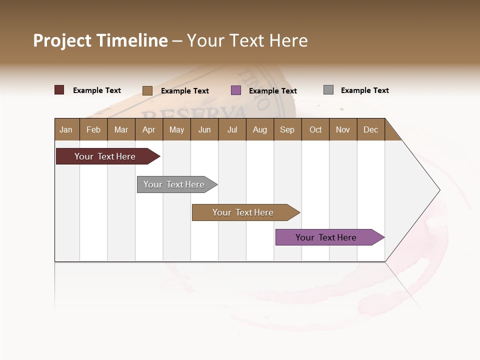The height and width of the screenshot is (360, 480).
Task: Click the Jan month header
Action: click(x=66, y=129)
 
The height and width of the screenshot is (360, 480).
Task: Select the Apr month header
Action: click(x=148, y=129)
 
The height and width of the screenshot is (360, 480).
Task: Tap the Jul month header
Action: click(x=232, y=129)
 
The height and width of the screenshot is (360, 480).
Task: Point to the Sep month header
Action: click(x=287, y=129)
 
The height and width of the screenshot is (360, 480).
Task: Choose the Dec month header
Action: click(x=370, y=129)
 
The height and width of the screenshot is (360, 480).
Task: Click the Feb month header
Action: click(x=93, y=129)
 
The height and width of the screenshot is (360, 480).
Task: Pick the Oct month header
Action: click(x=315, y=129)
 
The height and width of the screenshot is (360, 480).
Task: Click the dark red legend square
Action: click(x=59, y=90)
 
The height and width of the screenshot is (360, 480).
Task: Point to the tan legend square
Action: click(x=147, y=90)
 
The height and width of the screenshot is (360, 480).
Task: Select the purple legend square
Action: click(x=236, y=90)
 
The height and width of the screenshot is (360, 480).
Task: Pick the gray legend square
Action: click(x=328, y=90)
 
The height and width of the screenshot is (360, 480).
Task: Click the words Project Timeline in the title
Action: click(x=100, y=40)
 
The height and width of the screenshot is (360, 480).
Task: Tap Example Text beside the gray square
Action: click(x=364, y=90)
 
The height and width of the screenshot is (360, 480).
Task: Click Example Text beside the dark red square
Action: click(x=97, y=90)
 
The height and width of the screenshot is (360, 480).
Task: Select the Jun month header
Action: click(x=204, y=129)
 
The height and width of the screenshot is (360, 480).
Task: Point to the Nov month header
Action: click(x=343, y=129)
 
